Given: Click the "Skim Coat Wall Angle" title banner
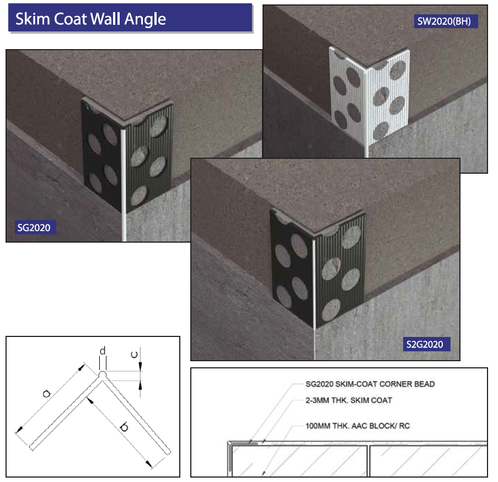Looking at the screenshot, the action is [130, 18].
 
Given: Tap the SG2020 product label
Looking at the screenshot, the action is [35, 227].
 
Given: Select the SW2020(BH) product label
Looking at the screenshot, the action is [446, 22].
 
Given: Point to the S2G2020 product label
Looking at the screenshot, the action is [426, 344].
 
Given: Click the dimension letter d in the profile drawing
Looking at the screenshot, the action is [103, 351].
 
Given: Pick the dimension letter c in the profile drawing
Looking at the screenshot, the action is [135, 355].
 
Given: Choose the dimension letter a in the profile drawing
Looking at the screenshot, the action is [47, 394].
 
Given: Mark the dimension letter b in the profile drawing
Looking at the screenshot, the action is [124, 427].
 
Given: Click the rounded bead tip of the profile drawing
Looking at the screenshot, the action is [102, 375].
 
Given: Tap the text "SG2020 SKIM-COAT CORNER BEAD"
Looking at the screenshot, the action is [370, 384].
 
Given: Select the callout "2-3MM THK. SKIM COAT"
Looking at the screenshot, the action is [349, 400].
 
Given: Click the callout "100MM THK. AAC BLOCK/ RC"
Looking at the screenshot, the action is [357, 426].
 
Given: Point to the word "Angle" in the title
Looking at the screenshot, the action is [145, 19].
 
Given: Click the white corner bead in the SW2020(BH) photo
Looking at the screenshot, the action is [370, 95].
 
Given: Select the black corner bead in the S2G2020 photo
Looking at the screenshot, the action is [318, 269].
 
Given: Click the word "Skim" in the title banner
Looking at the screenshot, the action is [33, 19].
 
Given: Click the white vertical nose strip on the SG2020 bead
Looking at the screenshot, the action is [123, 184].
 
